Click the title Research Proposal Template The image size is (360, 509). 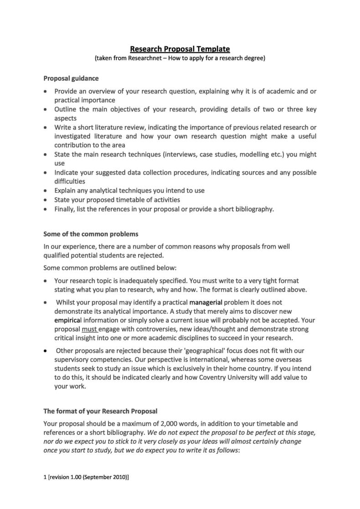(x=180, y=49)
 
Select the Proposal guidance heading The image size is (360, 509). (x=71, y=78)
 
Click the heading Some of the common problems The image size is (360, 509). (x=90, y=234)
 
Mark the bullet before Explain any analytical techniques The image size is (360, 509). (x=45, y=191)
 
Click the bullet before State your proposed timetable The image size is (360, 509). (x=45, y=200)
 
